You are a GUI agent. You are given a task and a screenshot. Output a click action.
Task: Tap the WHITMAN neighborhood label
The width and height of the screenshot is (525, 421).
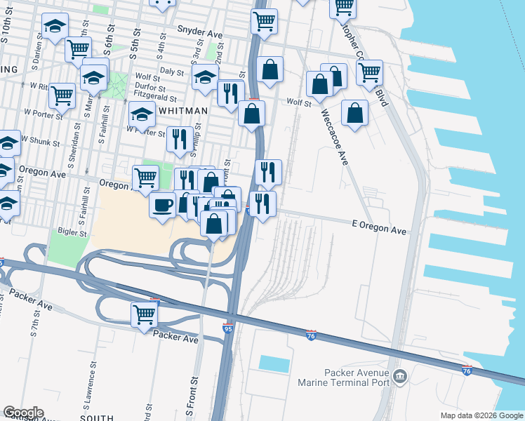184,111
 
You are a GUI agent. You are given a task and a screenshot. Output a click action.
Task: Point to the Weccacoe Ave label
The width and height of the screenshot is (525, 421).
335,137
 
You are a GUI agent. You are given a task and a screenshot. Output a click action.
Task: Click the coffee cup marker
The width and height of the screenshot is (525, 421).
163,205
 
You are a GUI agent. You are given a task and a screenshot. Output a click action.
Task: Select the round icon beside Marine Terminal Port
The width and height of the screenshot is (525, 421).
400,377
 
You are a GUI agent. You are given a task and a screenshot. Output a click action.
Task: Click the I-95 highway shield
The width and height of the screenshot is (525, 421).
227,328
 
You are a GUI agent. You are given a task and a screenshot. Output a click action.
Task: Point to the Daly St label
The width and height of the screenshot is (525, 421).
171,72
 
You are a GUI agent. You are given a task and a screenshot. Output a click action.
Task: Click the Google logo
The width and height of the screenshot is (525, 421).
23,413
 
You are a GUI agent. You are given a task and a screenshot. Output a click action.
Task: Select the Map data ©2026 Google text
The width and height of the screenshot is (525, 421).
481,415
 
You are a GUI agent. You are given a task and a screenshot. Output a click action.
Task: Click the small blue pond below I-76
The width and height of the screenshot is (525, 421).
274,363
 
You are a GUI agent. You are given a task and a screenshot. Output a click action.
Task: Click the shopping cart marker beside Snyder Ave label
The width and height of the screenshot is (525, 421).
264,22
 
